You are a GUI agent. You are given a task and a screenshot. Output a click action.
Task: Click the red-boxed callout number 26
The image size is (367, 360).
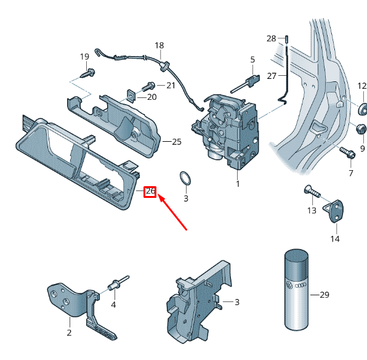150,191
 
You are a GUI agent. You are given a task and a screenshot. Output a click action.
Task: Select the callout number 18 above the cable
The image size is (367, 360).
159,45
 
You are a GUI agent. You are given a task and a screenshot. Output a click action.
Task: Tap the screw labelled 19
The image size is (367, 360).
88,73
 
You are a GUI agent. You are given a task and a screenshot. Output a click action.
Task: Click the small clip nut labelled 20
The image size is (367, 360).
132,96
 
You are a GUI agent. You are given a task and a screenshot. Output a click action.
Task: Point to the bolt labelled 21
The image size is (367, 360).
148,86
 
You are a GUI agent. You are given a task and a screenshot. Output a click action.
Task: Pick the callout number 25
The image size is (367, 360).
177,142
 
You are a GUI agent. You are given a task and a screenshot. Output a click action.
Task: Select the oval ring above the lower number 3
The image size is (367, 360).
185,178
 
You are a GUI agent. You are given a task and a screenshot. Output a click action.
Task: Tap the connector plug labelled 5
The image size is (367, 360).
245,84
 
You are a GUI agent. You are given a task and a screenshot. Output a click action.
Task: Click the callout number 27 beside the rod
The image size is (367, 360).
272,76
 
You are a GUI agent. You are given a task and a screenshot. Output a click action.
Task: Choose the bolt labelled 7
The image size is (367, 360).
348,152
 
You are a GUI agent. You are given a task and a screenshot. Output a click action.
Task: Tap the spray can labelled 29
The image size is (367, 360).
296,290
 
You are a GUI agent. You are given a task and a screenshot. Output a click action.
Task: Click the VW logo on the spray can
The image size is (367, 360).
289,285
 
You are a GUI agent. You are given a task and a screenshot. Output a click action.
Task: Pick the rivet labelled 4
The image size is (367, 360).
118,283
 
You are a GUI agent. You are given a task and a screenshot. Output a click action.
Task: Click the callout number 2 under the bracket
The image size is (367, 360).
69,333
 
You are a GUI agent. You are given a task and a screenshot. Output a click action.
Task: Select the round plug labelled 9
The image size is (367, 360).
361,129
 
